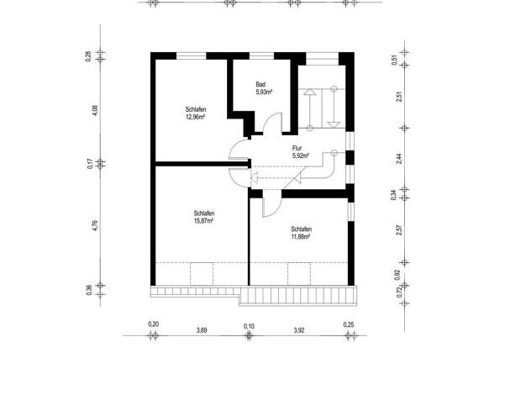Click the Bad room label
pos(260,84)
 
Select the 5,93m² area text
pos(264,92)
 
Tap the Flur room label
pos(297,148)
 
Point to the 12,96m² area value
pos(195,117)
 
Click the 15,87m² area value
pos(203,221)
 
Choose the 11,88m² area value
pos(300,237)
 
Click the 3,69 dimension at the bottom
pos(202,330)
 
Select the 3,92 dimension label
pos(299,330)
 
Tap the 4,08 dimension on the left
pos(95,111)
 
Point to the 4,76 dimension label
pos(95,225)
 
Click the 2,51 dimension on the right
pos(399,97)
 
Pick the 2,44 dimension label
pos(399,158)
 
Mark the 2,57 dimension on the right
pos(399,230)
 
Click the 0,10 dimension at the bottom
pos(249,326)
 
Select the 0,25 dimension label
pos(349,324)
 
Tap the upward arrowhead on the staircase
pos(309,92)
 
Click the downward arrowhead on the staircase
pos(334,125)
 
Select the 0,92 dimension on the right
pos(397,275)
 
